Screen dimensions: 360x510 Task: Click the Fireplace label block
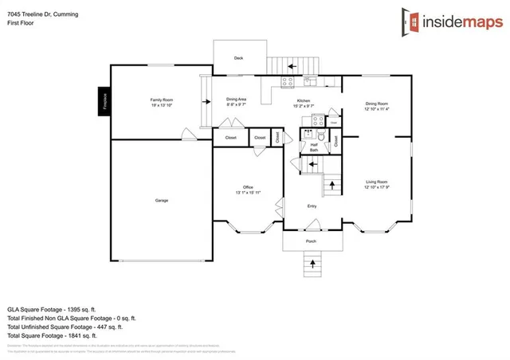coord(104,102)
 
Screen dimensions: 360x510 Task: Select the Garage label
coord(162,200)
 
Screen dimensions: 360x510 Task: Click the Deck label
coord(237,58)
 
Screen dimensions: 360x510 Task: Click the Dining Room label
coord(377,106)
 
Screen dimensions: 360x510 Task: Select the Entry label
coord(312,205)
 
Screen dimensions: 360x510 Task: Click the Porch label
coord(311,241)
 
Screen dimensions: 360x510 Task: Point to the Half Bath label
coord(314,147)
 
